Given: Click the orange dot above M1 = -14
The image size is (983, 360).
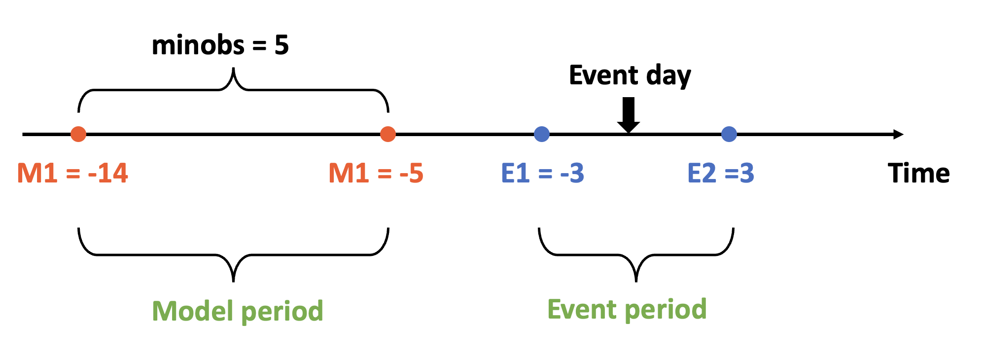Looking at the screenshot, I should click(x=78, y=134).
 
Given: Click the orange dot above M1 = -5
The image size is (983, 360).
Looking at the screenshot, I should click(x=388, y=134).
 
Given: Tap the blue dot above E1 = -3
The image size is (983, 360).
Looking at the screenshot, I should click(x=542, y=134).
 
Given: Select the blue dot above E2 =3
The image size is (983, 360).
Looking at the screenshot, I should click(x=729, y=134).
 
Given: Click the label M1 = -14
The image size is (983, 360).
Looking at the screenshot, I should click(x=72, y=173).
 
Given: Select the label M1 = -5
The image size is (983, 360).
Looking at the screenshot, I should click(x=376, y=173).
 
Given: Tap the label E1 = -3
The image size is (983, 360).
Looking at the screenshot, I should click(x=542, y=173).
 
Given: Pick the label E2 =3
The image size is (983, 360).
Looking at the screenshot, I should click(x=720, y=173).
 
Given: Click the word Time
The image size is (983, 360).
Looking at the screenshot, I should click(x=918, y=173).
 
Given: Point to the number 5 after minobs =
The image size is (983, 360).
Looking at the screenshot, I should click(x=281, y=45).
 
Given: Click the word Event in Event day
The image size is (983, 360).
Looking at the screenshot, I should click(x=603, y=75).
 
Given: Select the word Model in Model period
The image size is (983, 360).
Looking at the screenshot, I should click(x=192, y=311).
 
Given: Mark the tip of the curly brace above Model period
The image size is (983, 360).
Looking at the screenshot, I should click(x=233, y=280).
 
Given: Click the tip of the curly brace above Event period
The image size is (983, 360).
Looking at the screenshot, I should click(x=636, y=280).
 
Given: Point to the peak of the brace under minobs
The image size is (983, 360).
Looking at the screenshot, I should click(x=233, y=69).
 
